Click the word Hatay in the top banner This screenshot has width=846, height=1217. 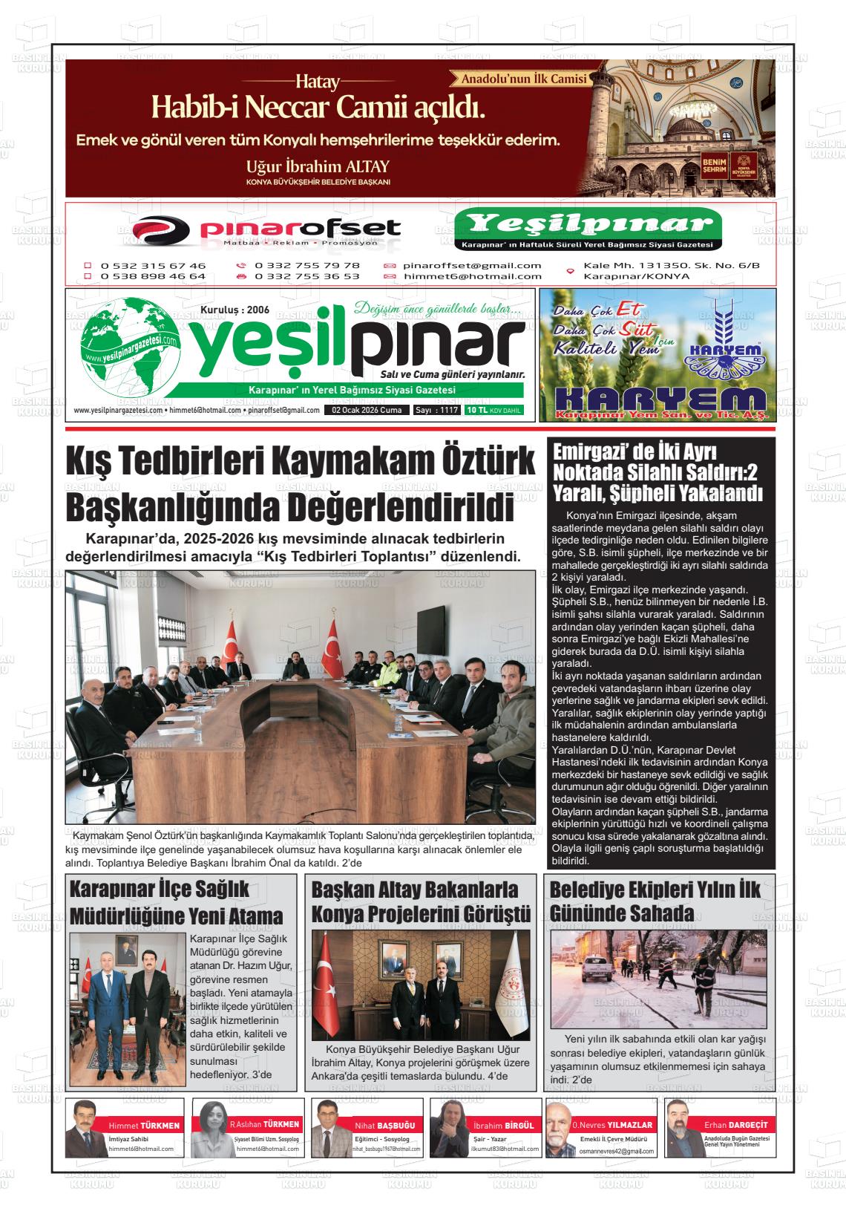pos(318,81)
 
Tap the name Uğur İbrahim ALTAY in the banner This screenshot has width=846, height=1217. pos(318,166)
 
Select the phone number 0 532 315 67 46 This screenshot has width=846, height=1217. pos(153,265)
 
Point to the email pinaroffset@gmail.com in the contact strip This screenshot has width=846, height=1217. pos(472,265)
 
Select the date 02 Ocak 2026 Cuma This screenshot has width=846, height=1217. pos(367,410)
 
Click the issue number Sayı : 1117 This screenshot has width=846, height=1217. pos(437,410)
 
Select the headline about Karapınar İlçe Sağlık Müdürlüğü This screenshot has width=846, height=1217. pos(176,901)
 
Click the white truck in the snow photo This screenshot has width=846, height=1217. pos(596,969)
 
